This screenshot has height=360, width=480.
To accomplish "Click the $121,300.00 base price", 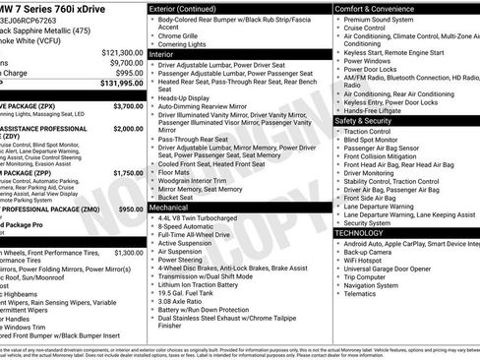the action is click(121, 50).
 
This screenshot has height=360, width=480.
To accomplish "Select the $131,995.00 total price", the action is click(119, 85).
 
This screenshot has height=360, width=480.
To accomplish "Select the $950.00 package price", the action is click(131, 210).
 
